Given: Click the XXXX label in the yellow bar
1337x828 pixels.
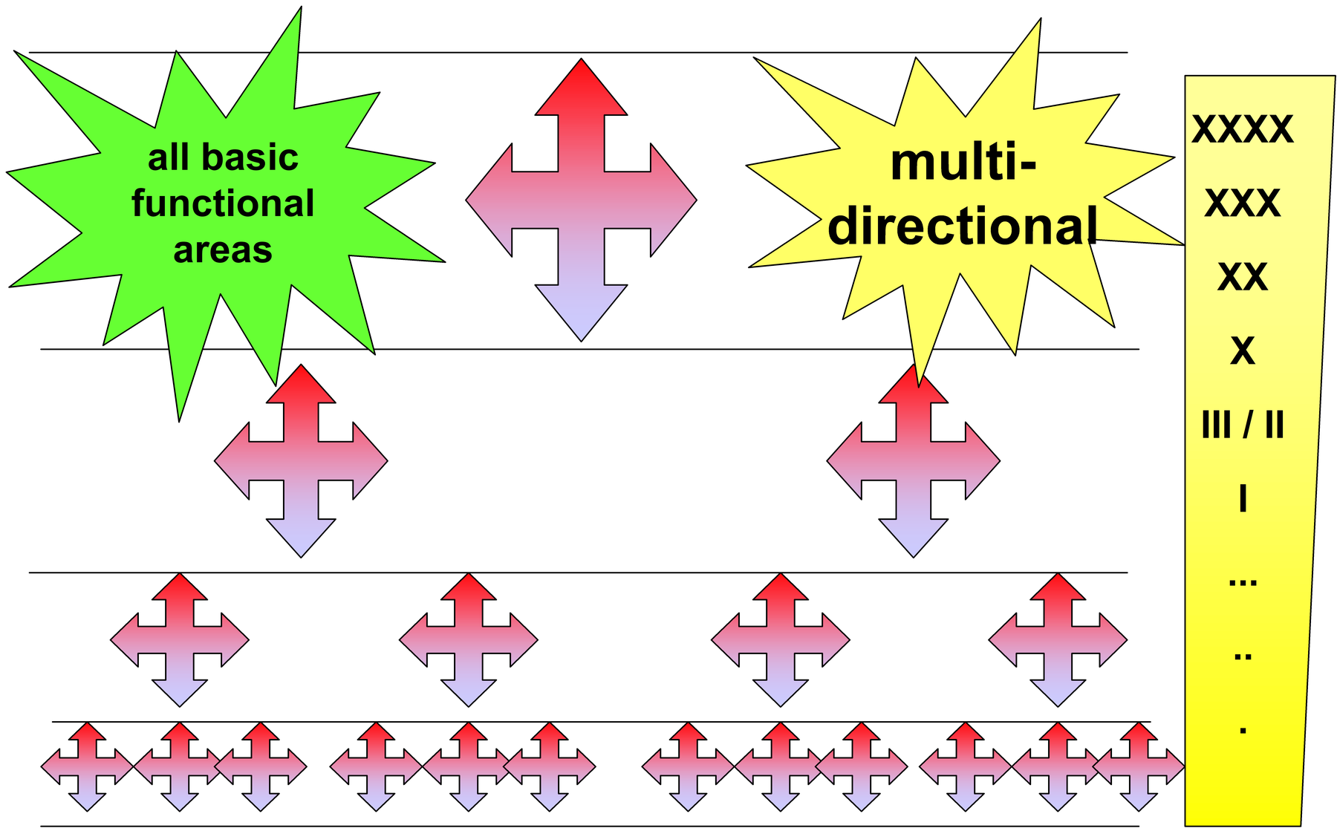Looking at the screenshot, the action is click(x=1243, y=129).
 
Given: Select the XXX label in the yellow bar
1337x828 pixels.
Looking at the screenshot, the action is click(x=1243, y=203).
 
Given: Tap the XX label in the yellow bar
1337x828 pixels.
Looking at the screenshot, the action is click(x=1243, y=277).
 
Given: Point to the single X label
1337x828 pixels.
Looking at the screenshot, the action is click(x=1243, y=351).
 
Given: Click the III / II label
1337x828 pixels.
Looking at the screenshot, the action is click(x=1243, y=426).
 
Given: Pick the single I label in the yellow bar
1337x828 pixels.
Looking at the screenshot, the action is click(x=1243, y=499).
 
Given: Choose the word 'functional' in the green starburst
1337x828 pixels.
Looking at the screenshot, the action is click(x=223, y=203).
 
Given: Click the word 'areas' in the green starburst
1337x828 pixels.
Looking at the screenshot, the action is click(x=223, y=250).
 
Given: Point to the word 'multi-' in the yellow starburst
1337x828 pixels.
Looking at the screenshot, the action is click(x=963, y=163).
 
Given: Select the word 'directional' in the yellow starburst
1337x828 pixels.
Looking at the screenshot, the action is click(x=963, y=226).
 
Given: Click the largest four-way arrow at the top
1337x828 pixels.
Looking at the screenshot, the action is click(x=581, y=200).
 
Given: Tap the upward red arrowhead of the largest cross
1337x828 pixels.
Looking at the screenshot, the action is click(x=581, y=86).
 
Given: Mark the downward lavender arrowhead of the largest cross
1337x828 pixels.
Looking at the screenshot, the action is click(x=581, y=313).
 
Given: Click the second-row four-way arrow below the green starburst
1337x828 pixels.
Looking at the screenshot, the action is click(x=301, y=460).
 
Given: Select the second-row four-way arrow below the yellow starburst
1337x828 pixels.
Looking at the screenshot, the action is click(x=913, y=460).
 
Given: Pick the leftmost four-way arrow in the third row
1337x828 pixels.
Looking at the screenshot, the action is click(x=179, y=639).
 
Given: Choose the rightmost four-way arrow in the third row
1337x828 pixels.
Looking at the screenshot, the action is click(x=1058, y=639).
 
